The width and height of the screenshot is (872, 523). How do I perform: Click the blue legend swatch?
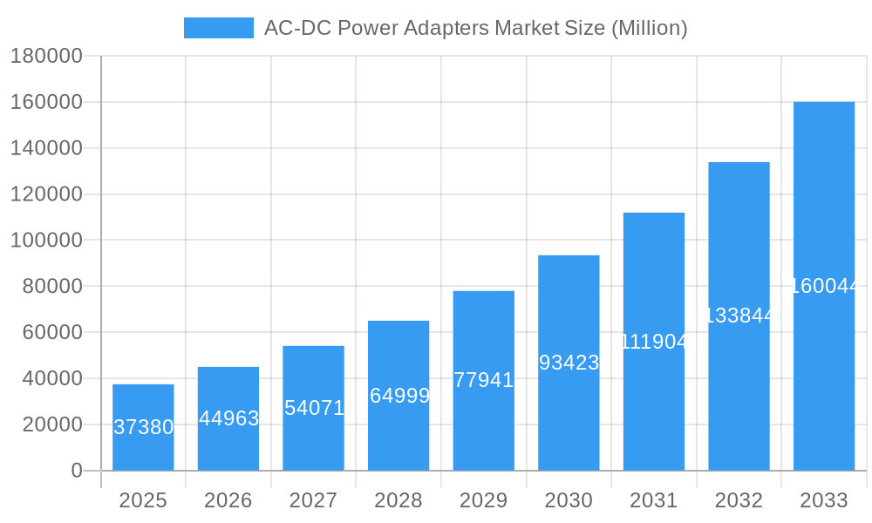click(218, 28)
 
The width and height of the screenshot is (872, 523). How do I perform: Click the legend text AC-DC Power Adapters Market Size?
click(475, 28)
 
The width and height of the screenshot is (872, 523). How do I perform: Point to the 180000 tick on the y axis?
click(46, 57)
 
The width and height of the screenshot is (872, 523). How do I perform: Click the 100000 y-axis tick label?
click(46, 240)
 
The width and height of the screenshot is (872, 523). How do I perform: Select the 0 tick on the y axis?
click(77, 471)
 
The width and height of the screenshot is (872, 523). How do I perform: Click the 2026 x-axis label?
click(228, 500)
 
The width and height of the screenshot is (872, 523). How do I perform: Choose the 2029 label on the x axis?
click(483, 500)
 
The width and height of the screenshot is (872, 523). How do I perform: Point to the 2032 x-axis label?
click(739, 500)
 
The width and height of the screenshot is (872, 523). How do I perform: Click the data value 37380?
click(144, 427)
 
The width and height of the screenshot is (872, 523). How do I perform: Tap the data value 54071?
click(314, 408)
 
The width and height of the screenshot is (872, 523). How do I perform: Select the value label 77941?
click(484, 380)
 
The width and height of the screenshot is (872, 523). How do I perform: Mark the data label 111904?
click(654, 342)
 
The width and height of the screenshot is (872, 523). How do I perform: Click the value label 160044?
click(825, 286)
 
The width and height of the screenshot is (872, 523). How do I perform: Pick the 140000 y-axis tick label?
click(46, 148)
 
